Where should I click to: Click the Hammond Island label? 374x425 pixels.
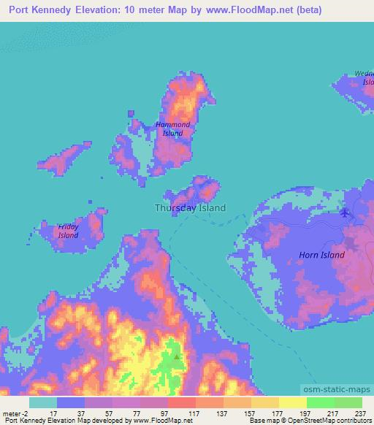coord(172,129)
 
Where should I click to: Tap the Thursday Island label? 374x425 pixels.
coord(190,208)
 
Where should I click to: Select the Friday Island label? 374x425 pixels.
coord(69,231)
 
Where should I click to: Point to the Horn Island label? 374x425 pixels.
coord(321,255)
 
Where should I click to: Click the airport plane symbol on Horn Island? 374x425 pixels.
coord(345,213)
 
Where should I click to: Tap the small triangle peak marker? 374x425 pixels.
coord(177,356)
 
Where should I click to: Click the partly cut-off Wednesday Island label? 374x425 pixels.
coord(364,77)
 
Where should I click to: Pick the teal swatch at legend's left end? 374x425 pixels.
coord(42,402)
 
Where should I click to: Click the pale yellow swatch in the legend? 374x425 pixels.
coord(292,402)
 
